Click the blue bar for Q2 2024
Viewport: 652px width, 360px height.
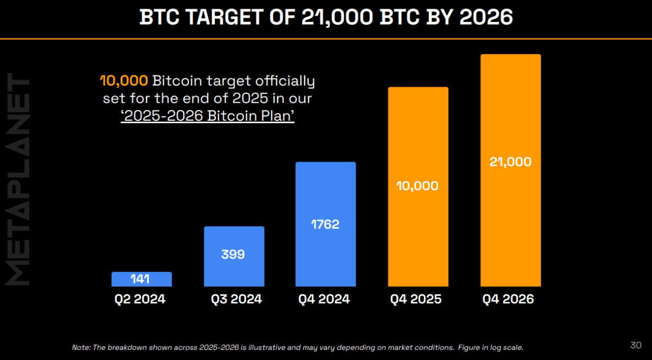click(141, 279)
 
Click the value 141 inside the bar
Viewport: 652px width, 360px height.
click(141, 279)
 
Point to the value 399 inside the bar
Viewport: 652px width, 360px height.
click(233, 254)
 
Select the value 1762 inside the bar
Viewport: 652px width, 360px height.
click(325, 225)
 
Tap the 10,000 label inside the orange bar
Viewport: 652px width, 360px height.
click(418, 186)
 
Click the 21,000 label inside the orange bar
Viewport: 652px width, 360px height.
click(510, 162)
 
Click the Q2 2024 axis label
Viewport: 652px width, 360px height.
click(140, 299)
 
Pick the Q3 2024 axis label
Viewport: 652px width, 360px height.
click(236, 299)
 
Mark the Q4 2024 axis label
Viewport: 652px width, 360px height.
click(324, 299)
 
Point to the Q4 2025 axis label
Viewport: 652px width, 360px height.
click(416, 299)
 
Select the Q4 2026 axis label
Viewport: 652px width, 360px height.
click(508, 299)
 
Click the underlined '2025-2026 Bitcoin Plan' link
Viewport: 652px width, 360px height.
click(208, 116)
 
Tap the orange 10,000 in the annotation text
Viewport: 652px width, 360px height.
click(124, 81)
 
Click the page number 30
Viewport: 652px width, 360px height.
click(636, 345)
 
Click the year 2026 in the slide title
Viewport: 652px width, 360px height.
click(486, 18)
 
